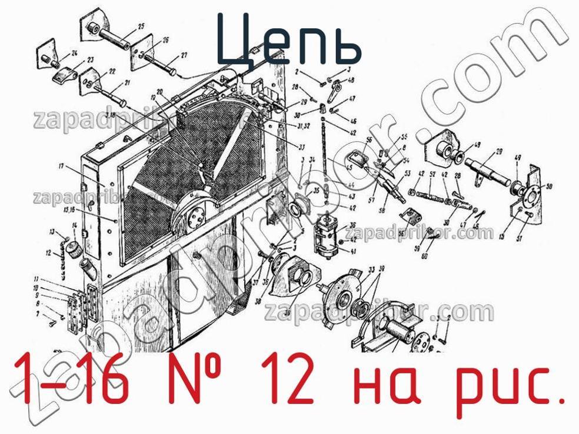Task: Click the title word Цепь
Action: click(288, 39)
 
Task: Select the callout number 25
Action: click(141, 25)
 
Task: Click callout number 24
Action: click(74, 54)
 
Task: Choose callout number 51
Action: click(519, 238)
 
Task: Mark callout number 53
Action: click(407, 174)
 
